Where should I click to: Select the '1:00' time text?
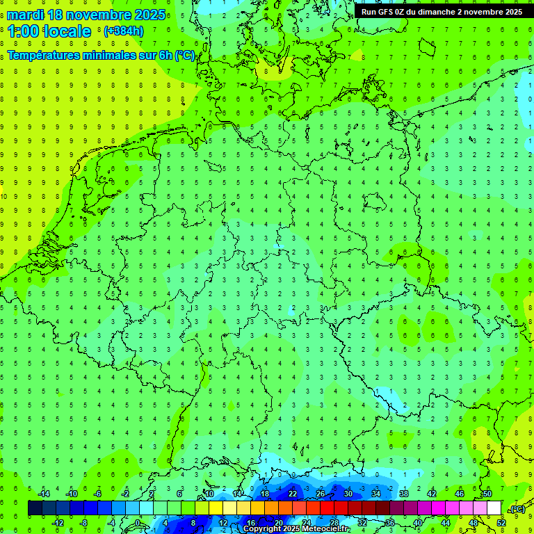[x=24, y=31]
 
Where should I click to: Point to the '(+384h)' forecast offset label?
[x=123, y=31]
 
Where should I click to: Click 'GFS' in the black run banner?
[x=387, y=12]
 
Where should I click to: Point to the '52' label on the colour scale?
[x=501, y=522]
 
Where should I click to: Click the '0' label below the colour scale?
[x=138, y=522]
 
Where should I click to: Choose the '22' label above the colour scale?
[x=293, y=494]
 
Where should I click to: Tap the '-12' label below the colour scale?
[x=58, y=522]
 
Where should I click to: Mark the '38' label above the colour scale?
[x=404, y=494]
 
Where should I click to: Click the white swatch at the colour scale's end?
[x=494, y=508]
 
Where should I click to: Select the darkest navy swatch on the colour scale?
[x=34, y=508]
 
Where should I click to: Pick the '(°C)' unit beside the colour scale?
[x=517, y=509]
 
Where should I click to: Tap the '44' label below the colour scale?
[x=446, y=522]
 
